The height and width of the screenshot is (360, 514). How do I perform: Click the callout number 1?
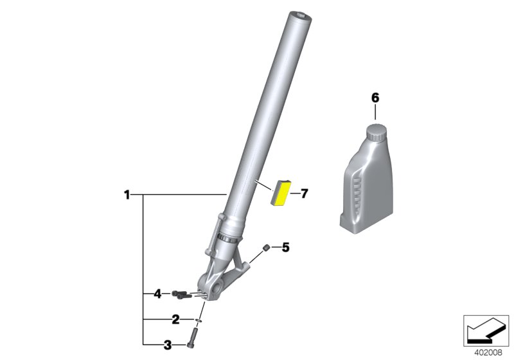[127, 194]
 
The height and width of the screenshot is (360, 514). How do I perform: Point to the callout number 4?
[157, 294]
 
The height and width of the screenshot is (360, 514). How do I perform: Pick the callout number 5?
[286, 247]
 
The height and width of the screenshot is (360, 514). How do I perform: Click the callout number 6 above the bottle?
[375, 98]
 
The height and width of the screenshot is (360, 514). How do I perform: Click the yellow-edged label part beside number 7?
[281, 192]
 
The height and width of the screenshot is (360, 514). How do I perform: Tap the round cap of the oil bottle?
[376, 133]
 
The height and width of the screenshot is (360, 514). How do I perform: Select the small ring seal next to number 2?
[199, 319]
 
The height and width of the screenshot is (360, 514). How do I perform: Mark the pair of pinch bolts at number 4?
[181, 295]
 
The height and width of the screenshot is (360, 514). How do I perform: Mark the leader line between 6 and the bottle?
[376, 113]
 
